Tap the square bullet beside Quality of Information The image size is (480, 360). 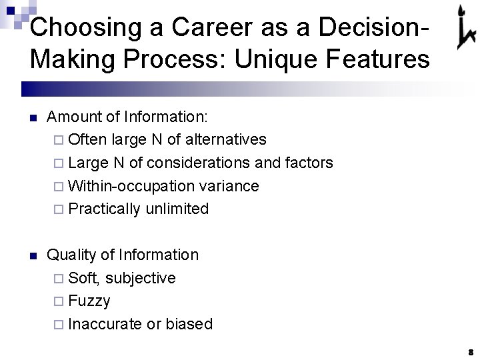pos(33,256)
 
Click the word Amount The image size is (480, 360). pos(73,117)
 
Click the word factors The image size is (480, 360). pos(310,163)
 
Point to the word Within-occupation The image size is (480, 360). pos(126,186)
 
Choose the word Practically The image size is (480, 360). pos(105,209)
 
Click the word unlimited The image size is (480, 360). pos(177,209)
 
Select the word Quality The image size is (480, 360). pos(71,255)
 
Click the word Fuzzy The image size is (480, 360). pos(89,301)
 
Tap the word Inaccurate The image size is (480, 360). pos(105,324)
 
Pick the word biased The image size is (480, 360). pos(189,324)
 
